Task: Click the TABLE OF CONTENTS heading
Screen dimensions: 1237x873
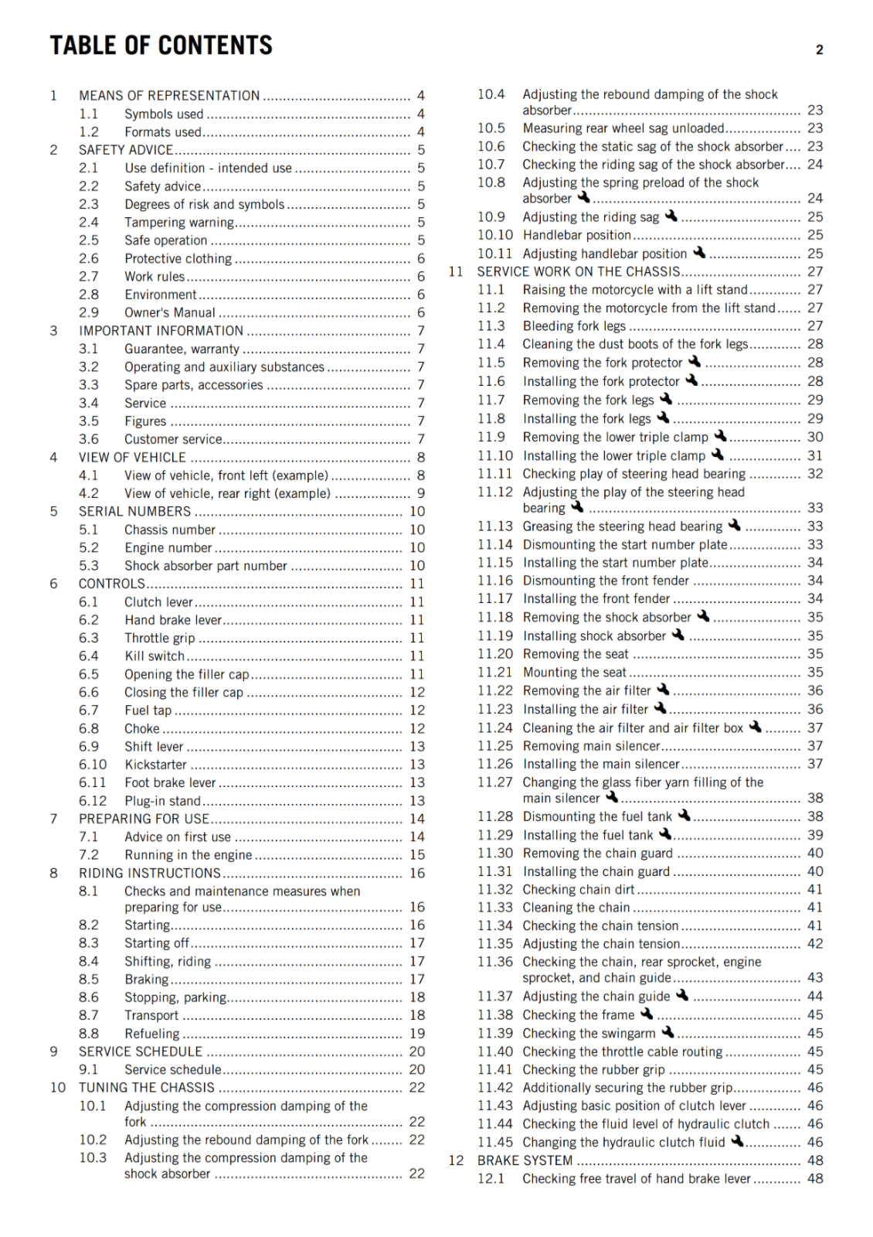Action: click(161, 46)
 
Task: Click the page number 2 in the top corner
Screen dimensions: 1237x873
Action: click(819, 50)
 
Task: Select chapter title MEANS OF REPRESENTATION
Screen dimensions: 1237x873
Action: click(169, 96)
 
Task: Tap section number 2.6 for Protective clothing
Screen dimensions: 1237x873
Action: click(89, 258)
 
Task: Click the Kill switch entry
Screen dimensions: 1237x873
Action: click(155, 656)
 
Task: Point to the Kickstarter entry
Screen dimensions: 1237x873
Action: click(156, 765)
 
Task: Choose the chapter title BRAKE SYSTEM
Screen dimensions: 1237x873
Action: click(525, 1160)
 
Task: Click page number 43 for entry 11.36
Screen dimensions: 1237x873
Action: click(815, 977)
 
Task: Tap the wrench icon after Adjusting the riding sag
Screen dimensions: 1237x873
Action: click(671, 216)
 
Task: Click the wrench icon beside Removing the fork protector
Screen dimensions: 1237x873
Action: click(695, 362)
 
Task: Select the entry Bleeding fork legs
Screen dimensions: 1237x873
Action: click(574, 326)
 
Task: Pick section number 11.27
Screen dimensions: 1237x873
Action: click(494, 782)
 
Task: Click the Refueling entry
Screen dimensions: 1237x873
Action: click(152, 1034)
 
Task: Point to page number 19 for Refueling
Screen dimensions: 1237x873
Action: click(417, 1034)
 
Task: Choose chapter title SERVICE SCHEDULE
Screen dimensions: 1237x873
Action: click(141, 1051)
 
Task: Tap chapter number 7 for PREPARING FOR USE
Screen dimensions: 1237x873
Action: click(54, 819)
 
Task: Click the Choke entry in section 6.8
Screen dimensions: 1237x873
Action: click(142, 728)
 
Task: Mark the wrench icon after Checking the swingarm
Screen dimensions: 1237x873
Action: click(667, 1032)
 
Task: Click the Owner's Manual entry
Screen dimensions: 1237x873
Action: click(170, 312)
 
